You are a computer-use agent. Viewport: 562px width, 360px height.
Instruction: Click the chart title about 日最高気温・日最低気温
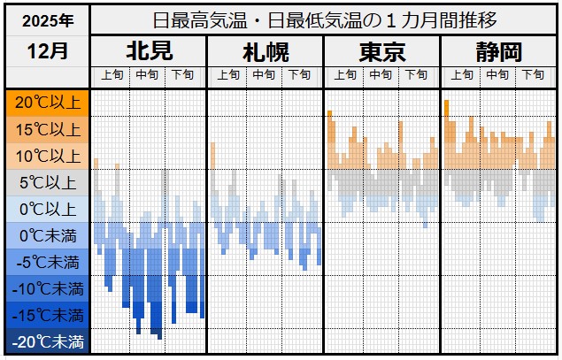click(324, 19)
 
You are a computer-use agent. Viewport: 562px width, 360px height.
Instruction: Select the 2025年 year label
click(46, 19)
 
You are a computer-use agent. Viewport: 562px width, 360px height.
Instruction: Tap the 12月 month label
click(46, 50)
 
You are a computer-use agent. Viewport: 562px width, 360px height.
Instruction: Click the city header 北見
click(149, 51)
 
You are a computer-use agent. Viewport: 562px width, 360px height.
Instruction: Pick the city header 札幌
click(265, 51)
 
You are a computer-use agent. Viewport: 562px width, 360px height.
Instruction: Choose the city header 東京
click(381, 51)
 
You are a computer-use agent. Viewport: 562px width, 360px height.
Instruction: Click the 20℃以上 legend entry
click(46, 103)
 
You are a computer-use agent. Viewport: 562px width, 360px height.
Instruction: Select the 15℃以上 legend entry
click(46, 129)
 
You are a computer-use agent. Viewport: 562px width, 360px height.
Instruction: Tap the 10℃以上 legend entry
click(46, 156)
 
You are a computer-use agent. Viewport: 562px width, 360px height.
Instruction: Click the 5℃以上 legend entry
click(46, 182)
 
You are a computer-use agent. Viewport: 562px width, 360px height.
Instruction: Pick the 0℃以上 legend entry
click(46, 209)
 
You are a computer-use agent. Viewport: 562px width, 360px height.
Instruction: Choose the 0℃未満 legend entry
click(46, 235)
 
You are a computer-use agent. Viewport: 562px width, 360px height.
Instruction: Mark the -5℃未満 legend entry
click(46, 262)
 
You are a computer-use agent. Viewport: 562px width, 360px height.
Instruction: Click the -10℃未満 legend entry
click(46, 288)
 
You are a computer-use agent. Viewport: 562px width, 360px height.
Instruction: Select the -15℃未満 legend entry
click(46, 315)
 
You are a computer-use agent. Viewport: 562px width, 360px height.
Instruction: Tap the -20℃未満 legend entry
click(46, 341)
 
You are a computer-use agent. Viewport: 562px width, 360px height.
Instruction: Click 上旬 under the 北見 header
click(112, 76)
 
